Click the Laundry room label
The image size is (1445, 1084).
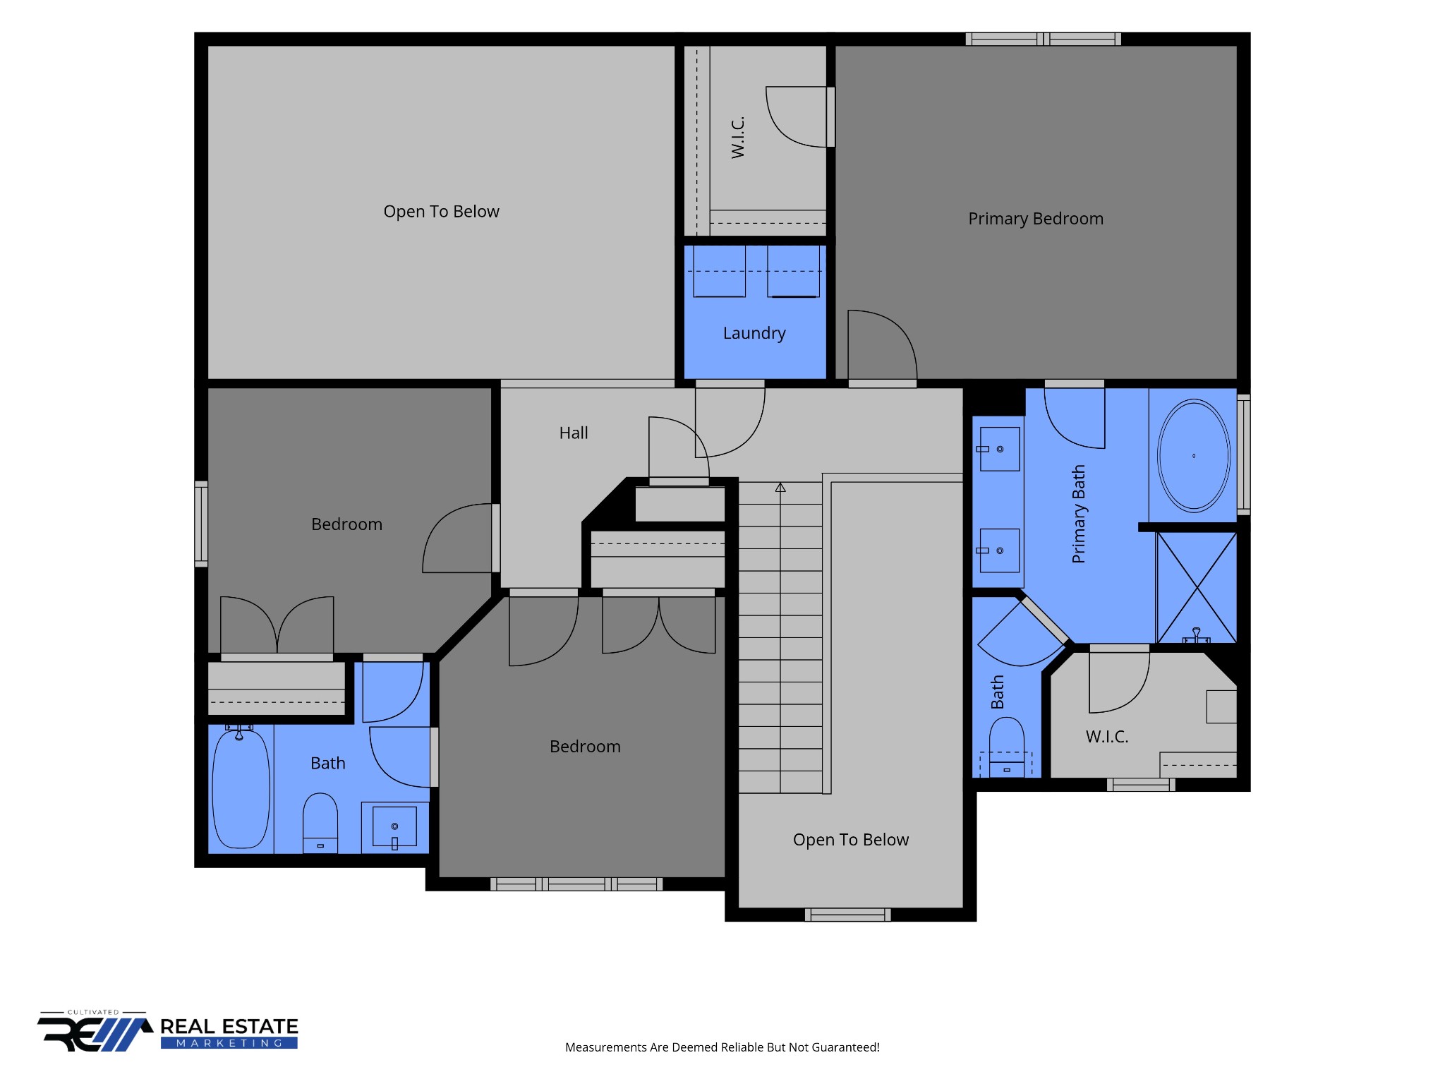tap(754, 333)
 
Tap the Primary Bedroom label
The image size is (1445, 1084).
tap(1036, 219)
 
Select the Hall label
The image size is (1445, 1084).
tap(574, 433)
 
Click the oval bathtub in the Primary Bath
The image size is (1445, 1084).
tap(1194, 456)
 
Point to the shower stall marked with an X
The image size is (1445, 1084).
tap(1197, 587)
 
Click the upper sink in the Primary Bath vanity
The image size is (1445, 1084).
tap(998, 449)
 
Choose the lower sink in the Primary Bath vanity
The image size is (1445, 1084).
tap(998, 550)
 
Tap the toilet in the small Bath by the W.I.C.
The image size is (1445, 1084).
tap(1007, 747)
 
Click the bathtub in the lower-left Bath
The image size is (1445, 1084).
tap(241, 788)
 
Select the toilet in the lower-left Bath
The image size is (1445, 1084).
tap(320, 823)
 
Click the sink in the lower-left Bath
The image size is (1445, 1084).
tap(394, 826)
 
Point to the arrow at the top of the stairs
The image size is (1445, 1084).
tap(780, 487)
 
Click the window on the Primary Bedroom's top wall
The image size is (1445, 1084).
tap(1044, 39)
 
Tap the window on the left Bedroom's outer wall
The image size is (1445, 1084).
tap(201, 524)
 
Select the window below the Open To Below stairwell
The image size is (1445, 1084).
tap(848, 915)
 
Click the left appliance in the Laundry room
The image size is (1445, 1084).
tap(719, 271)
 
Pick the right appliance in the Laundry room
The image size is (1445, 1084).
tap(794, 271)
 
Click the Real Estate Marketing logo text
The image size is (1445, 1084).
tap(229, 1032)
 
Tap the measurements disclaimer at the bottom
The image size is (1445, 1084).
tap(722, 1047)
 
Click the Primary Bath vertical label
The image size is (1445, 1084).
tap(1078, 514)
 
